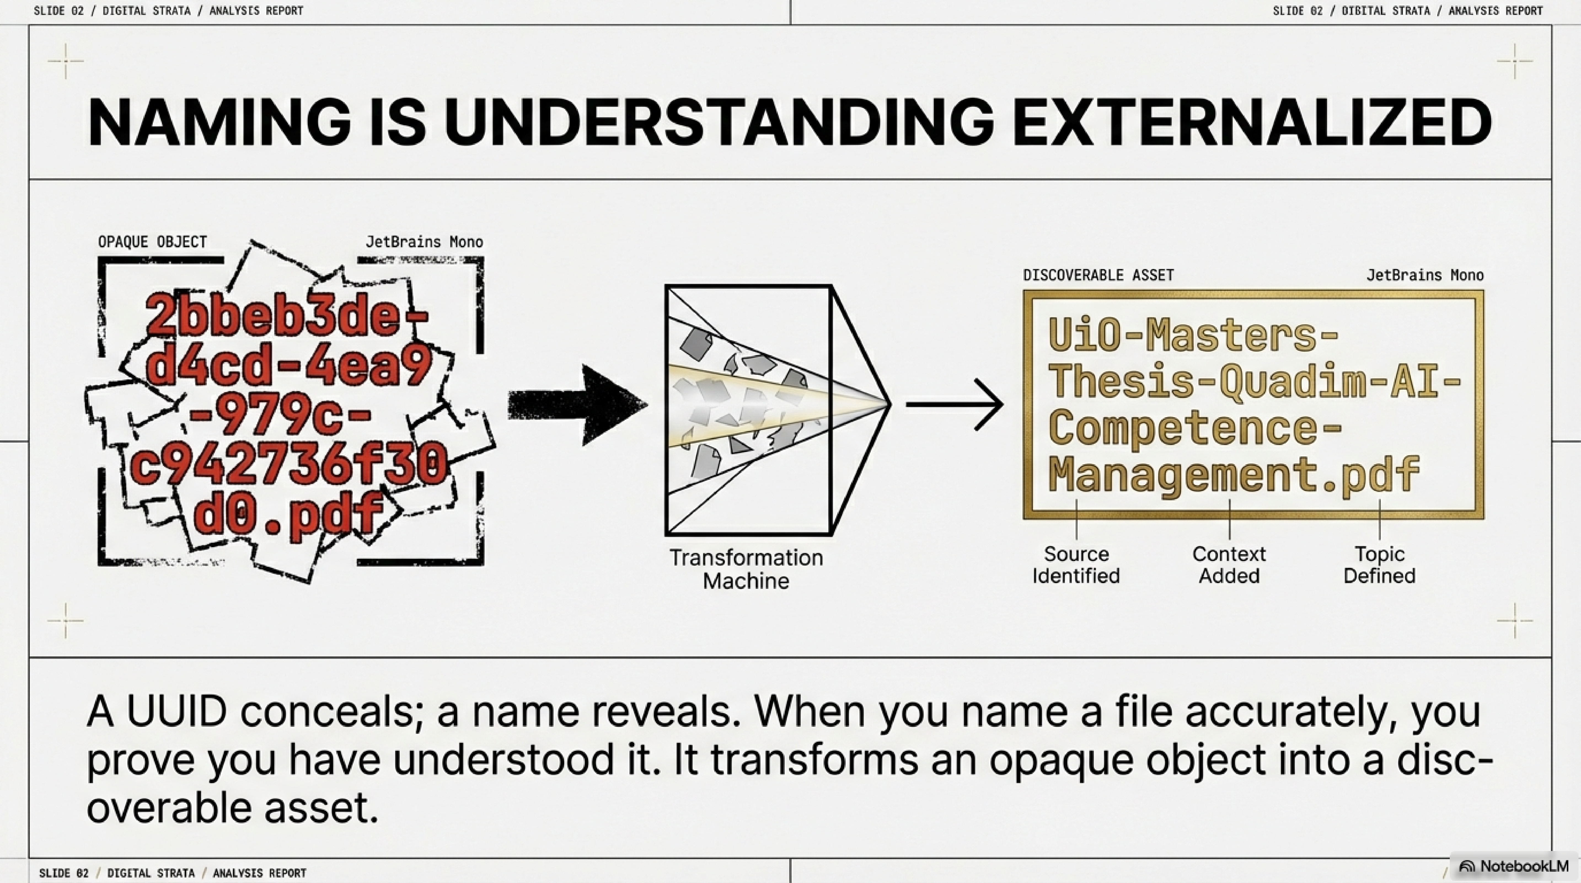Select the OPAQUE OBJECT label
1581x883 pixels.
click(152, 242)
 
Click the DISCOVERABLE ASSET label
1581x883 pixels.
click(1098, 275)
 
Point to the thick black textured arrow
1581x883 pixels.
click(577, 405)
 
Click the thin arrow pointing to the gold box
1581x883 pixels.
click(954, 405)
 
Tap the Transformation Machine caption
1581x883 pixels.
click(746, 569)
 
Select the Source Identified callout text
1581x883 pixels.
click(1076, 565)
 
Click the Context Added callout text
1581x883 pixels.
click(1229, 565)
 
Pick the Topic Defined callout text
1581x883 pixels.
click(1379, 565)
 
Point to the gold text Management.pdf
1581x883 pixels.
click(1234, 474)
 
